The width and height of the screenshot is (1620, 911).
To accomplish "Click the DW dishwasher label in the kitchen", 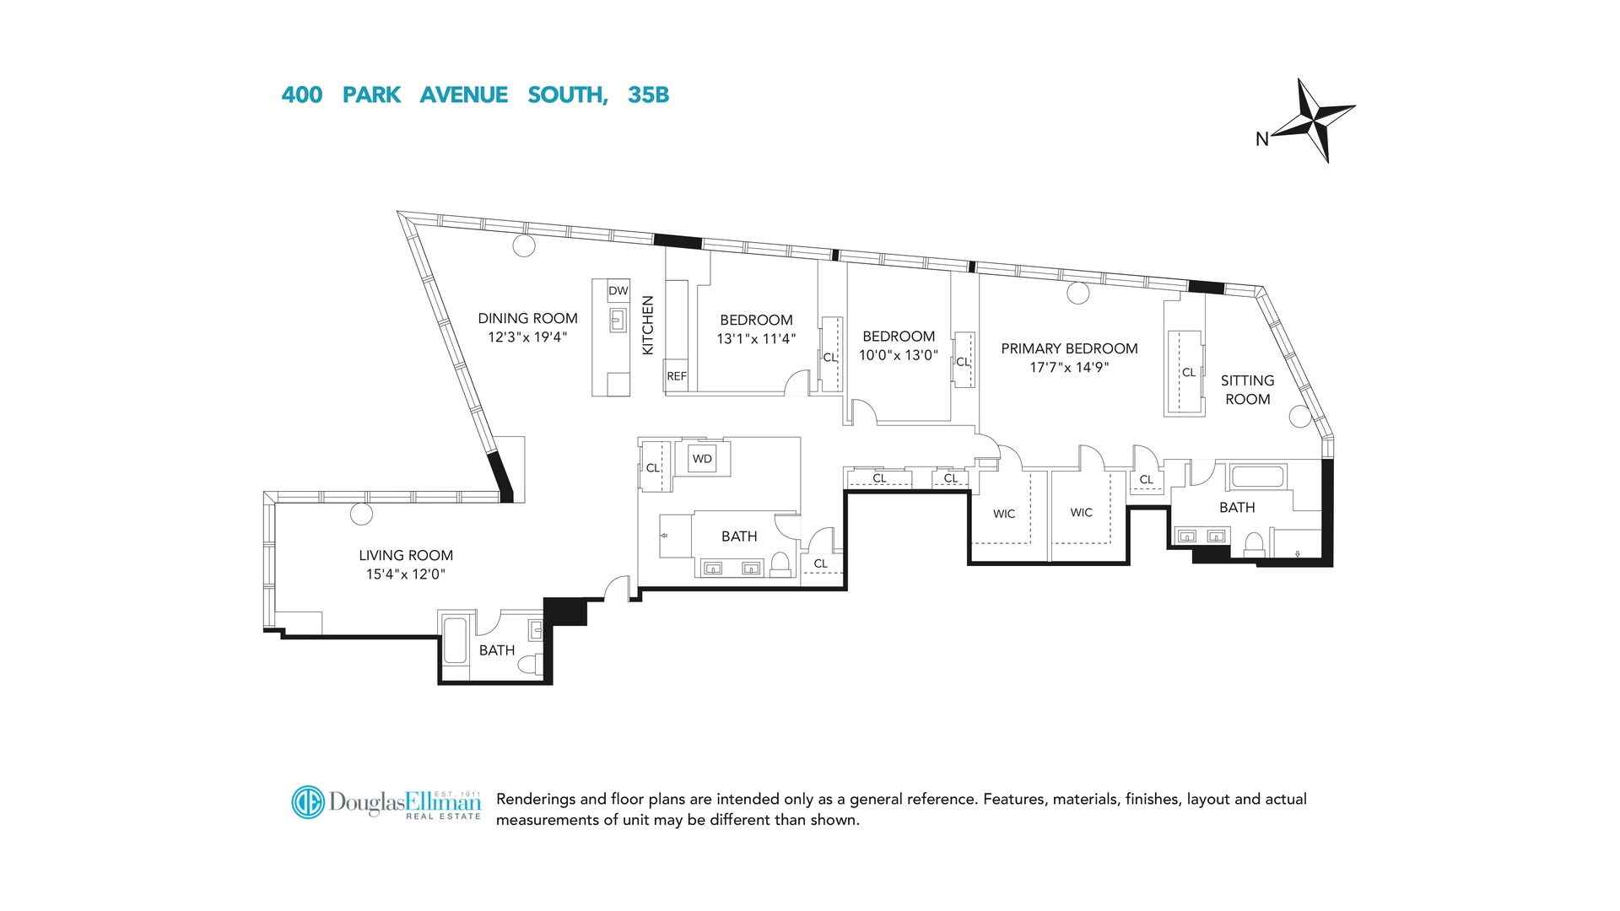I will [618, 291].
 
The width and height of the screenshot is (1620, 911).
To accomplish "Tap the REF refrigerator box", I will [677, 376].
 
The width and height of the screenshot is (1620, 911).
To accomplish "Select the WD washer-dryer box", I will [702, 459].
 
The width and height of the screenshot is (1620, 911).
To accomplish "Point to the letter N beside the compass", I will [1262, 139].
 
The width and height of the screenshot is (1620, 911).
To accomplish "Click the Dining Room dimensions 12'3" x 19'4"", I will [527, 337].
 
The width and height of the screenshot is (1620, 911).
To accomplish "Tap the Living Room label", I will [406, 555].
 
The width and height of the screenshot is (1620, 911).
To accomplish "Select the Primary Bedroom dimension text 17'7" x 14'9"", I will [1069, 367].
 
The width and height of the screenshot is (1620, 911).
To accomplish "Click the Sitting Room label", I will [1247, 390].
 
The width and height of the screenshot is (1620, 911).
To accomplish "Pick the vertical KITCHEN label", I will [648, 325].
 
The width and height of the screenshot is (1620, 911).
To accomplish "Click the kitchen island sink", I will [618, 321].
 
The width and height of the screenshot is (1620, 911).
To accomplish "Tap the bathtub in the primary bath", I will [1257, 476].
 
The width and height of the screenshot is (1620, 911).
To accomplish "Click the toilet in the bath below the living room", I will [530, 666].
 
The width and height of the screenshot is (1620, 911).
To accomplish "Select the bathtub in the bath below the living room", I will [455, 640].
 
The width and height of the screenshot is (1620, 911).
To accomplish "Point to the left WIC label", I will [1004, 514].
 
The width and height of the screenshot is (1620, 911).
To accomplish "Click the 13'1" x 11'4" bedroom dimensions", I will [756, 339].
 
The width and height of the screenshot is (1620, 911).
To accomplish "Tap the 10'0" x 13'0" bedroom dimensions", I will [899, 355].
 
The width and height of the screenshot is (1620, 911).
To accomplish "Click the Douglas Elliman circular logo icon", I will [308, 802].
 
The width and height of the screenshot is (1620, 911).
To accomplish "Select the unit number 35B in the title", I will [648, 95].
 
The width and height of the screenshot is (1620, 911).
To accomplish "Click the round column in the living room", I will [361, 513].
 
